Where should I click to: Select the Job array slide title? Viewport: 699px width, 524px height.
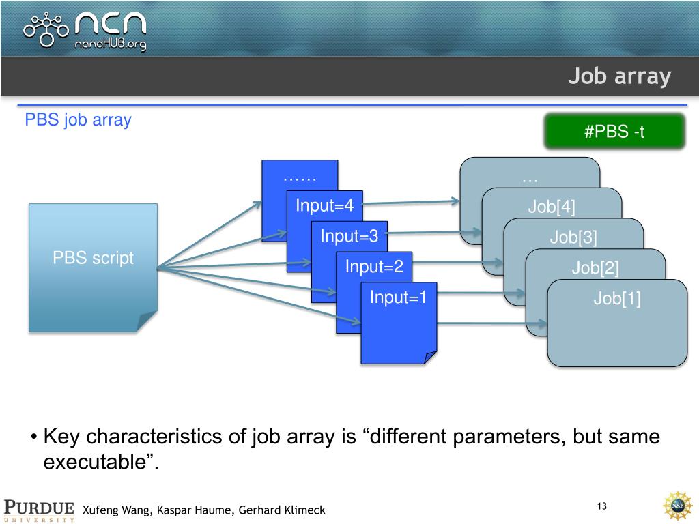[620, 76]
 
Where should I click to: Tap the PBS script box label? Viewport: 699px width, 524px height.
[93, 259]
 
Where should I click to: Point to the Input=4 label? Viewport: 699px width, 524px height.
[324, 205]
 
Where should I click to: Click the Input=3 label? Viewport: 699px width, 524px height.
[349, 236]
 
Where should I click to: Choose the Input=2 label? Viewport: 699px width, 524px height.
[374, 266]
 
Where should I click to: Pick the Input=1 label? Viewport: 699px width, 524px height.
[398, 297]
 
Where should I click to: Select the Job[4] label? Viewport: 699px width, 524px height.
[552, 207]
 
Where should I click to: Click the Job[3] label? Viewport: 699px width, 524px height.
[573, 237]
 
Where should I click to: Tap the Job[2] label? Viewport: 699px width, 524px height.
[595, 268]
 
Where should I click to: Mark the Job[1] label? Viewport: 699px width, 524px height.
[617, 299]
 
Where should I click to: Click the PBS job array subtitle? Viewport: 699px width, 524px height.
[78, 121]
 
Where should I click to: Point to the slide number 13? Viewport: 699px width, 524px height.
[601, 506]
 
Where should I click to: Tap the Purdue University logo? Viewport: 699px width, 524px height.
[40, 510]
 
